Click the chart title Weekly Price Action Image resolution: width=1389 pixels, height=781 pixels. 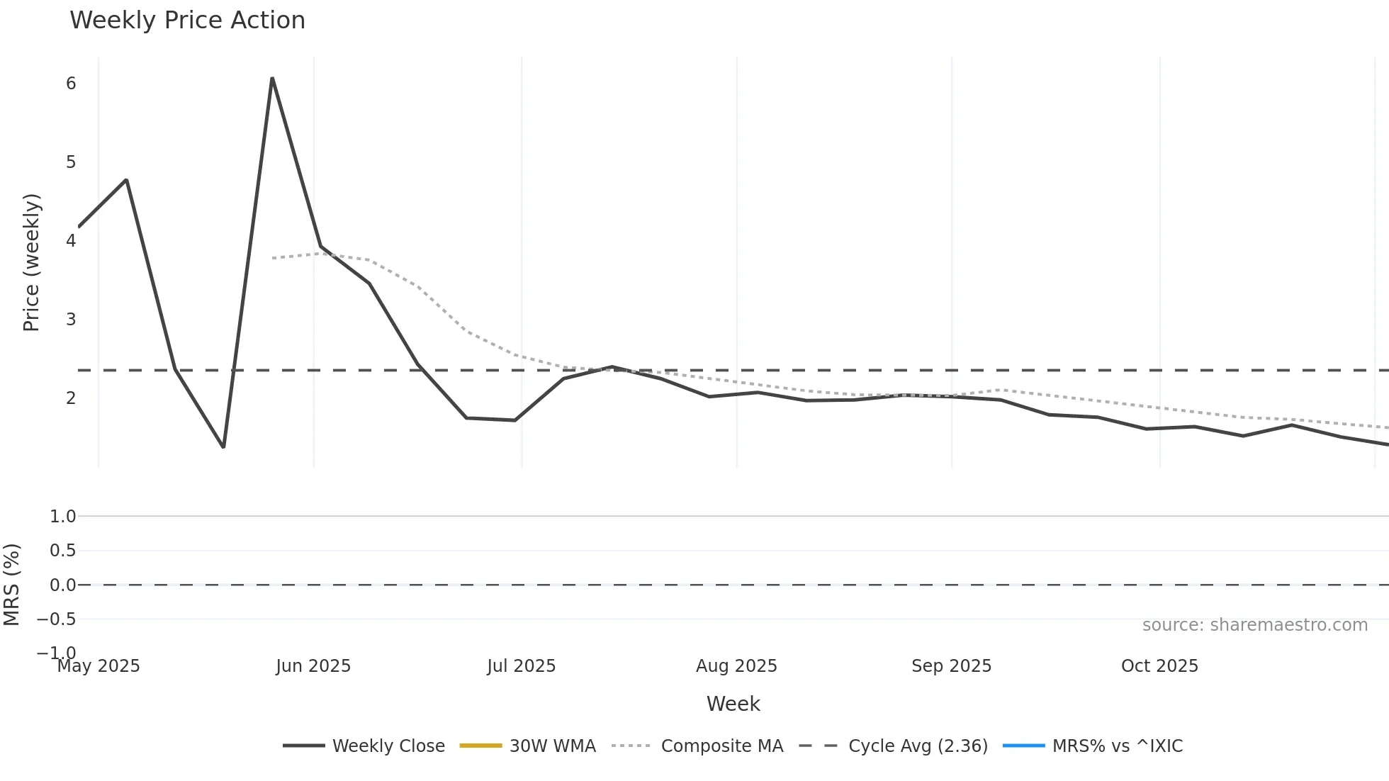187,21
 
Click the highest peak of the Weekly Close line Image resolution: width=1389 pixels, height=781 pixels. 272,79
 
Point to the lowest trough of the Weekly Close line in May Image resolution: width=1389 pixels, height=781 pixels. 223,446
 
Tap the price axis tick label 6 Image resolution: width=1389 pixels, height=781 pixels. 71,84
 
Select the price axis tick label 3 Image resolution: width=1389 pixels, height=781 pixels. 71,319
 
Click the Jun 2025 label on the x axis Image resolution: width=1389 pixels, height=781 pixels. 313,666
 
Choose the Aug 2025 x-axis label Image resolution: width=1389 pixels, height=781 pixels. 736,666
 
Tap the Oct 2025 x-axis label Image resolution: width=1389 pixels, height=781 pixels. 1159,666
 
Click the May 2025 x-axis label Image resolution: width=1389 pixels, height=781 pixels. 99,666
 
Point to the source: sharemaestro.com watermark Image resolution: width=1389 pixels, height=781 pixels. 1254,625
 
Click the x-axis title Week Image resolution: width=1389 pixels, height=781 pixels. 733,704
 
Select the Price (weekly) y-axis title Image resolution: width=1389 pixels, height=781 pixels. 32,262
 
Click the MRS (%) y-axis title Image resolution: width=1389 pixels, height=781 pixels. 12,585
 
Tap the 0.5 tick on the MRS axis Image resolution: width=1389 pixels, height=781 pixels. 62,551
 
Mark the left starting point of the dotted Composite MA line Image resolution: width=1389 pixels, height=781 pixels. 273,258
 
